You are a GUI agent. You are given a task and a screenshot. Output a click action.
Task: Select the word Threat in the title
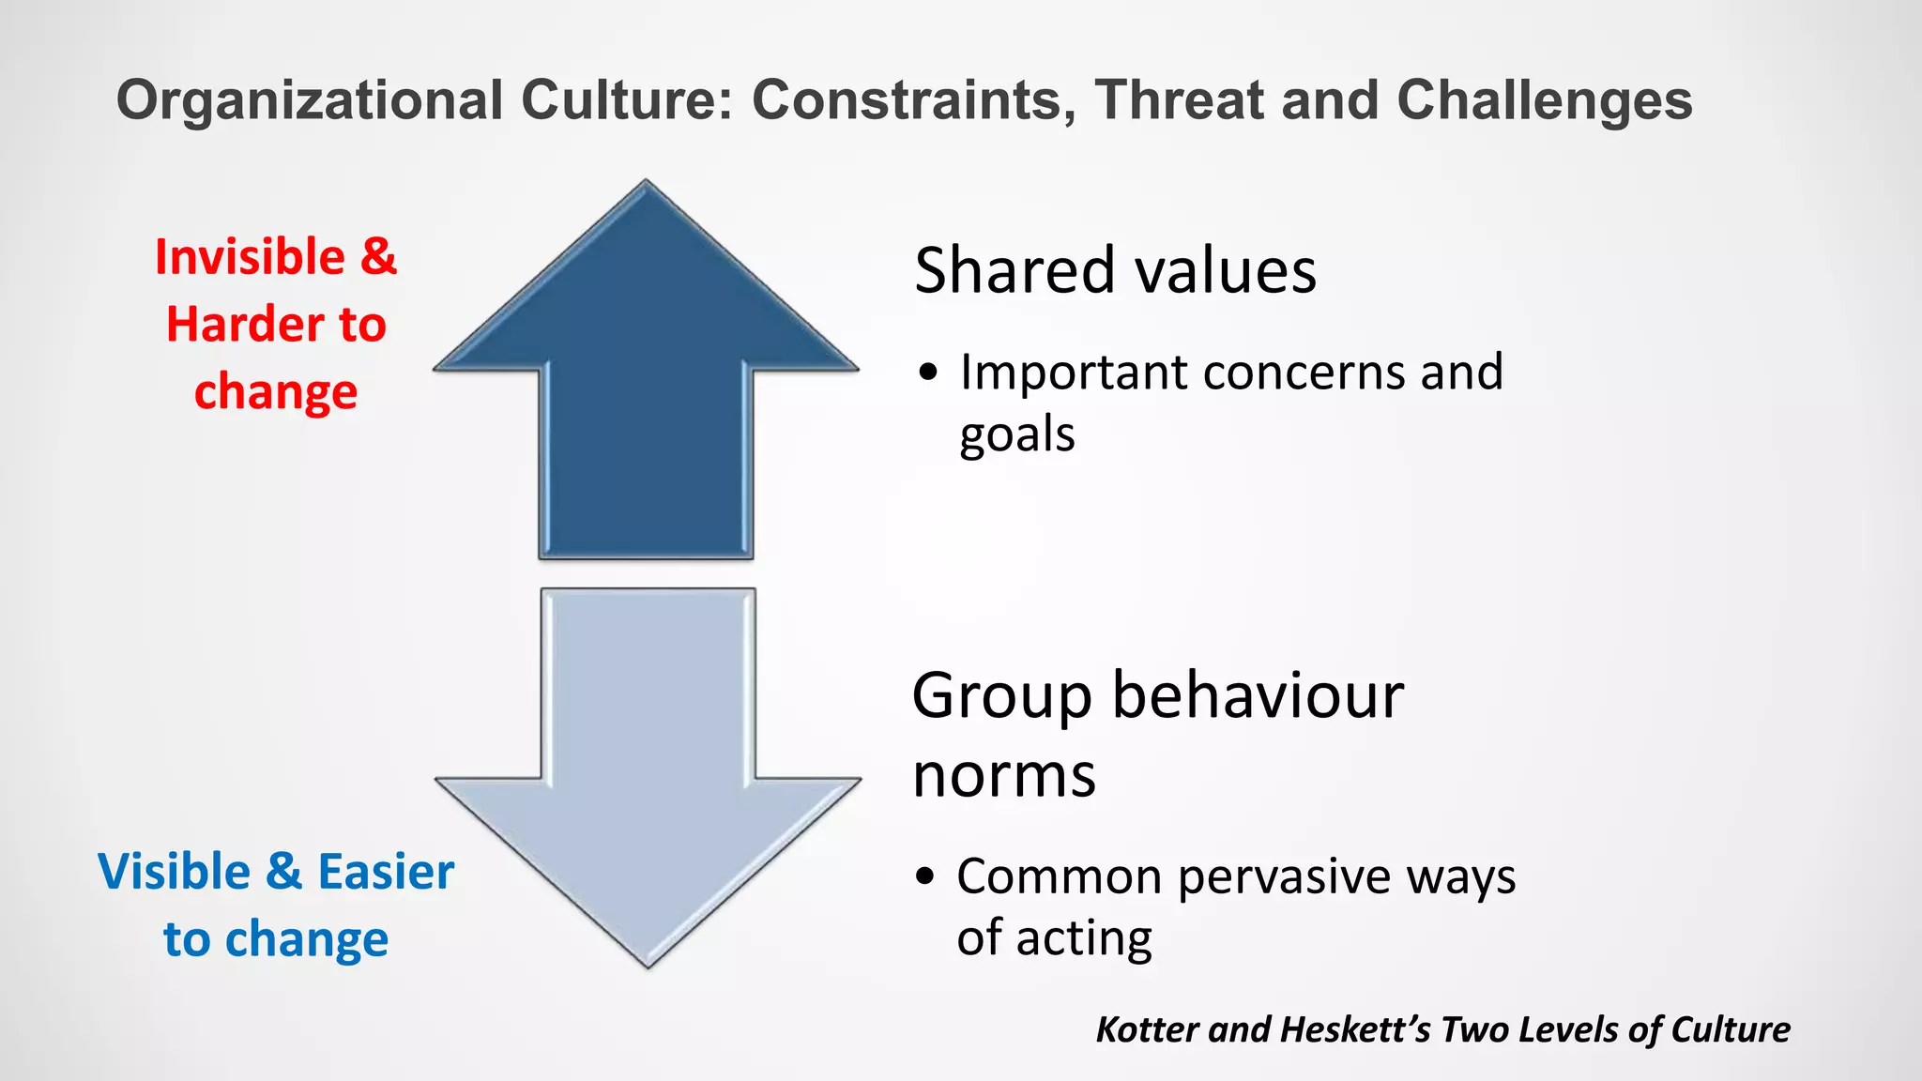point(1178,100)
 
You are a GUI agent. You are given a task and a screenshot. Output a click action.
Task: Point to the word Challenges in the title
point(1544,100)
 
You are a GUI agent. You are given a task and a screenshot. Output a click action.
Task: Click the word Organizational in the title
point(310,100)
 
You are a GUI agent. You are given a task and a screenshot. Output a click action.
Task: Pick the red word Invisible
point(250,257)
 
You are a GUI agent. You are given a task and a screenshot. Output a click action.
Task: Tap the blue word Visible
point(174,872)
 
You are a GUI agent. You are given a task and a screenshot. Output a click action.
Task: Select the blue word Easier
point(386,872)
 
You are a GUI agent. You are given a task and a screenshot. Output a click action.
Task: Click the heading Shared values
point(1115,270)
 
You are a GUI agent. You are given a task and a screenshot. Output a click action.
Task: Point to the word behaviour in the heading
point(1258,696)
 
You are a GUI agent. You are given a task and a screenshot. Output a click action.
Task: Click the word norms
point(1004,775)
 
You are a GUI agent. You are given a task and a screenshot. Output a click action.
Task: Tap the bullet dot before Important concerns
point(928,373)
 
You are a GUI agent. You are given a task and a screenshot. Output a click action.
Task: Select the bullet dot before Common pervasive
point(926,876)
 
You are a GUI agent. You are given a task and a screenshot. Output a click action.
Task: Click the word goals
point(1017,435)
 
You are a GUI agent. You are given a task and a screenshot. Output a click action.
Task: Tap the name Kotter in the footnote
point(1148,1029)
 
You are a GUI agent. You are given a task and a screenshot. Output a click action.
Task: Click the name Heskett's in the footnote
point(1355,1029)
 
